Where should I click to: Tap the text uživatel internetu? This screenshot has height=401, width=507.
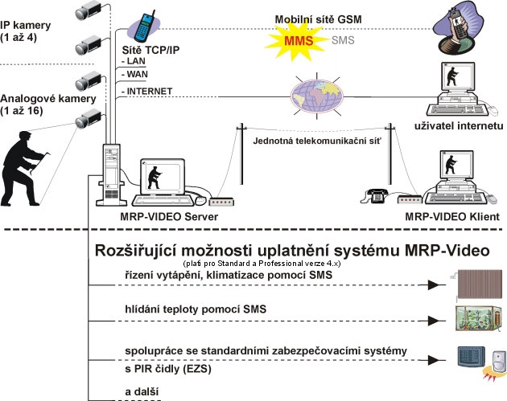(459, 126)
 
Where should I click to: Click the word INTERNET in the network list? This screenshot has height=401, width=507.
(148, 92)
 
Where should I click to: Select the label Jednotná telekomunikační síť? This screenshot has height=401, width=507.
(315, 140)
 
